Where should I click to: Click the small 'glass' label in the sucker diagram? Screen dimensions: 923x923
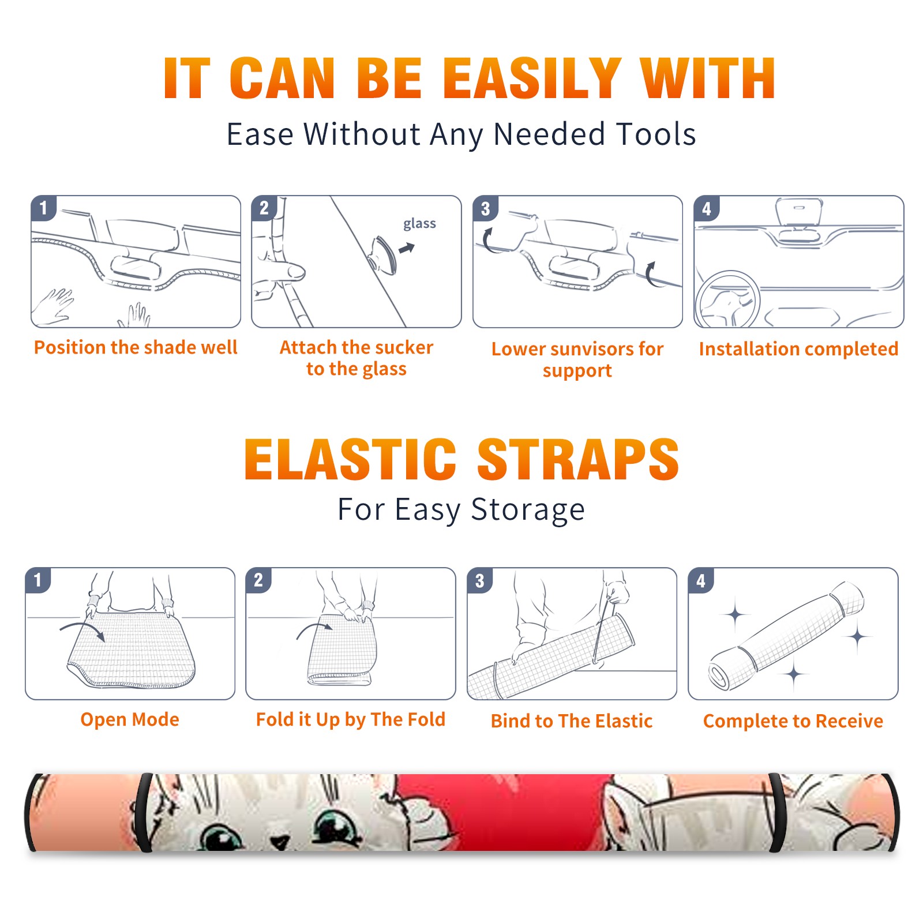[419, 224]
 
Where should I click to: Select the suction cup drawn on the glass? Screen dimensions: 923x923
[384, 255]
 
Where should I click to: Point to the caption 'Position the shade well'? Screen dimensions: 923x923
[136, 347]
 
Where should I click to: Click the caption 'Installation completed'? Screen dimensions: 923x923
[798, 348]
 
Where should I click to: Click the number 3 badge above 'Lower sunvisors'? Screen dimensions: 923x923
[485, 208]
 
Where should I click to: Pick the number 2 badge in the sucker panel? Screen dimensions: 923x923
[264, 208]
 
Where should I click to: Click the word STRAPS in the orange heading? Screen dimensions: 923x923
[578, 459]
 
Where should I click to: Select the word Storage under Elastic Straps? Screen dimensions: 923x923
[528, 510]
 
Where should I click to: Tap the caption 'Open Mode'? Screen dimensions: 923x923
[130, 719]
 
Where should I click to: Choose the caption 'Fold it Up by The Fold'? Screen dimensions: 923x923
[351, 720]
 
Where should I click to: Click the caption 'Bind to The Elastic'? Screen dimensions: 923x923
[572, 721]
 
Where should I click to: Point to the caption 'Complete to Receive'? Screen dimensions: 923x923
[793, 721]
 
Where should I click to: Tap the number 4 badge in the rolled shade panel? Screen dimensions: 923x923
[700, 580]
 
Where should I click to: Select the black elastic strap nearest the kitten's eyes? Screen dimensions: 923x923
[144, 813]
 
